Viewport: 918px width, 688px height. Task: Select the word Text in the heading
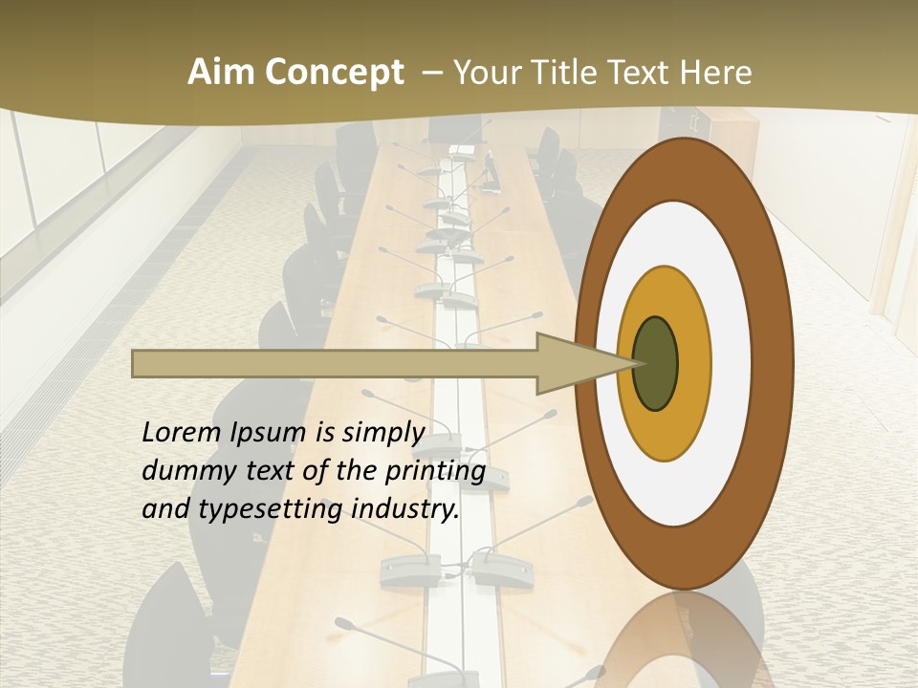click(x=642, y=73)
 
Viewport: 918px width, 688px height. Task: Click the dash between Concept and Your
click(x=429, y=73)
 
